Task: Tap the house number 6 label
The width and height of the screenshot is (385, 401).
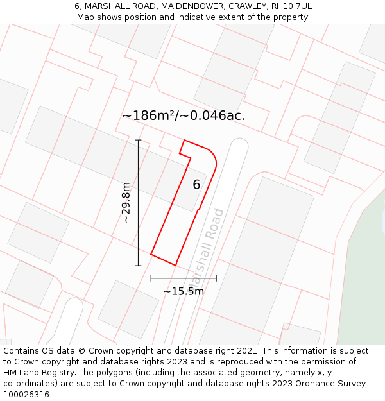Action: coord(196,185)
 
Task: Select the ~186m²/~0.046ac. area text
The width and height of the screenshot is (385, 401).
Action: coord(184,115)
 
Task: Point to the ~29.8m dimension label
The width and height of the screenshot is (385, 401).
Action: coord(126,202)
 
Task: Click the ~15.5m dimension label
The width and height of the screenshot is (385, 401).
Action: coord(184,291)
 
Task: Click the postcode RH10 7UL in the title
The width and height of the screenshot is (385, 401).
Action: coord(292,6)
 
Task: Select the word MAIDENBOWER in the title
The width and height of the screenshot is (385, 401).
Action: coord(191,6)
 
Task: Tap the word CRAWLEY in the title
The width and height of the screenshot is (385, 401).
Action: coord(247,6)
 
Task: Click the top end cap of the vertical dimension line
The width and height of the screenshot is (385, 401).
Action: coord(138,140)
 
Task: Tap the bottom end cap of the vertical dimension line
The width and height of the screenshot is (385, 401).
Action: coord(138,265)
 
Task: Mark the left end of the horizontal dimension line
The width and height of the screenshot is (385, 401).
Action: coord(151,278)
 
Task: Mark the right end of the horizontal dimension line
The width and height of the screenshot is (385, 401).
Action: coord(216,278)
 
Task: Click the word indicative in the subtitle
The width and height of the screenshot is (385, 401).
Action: coord(176,17)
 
